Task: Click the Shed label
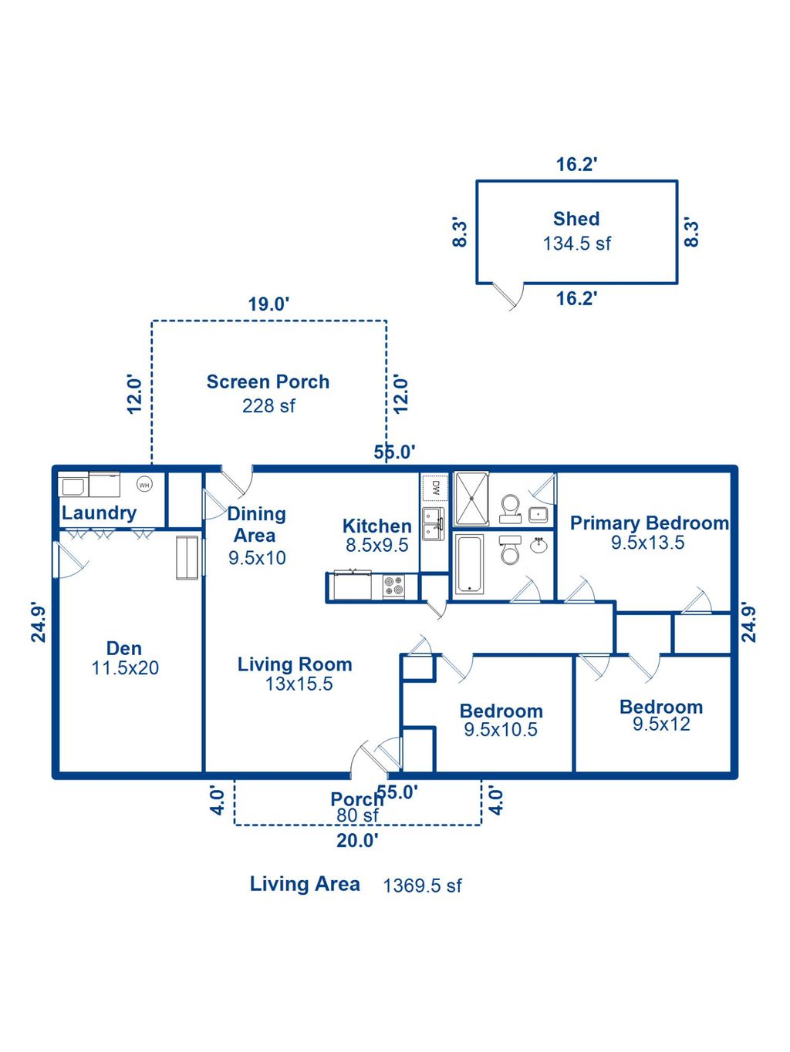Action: (576, 219)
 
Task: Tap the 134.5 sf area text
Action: (576, 244)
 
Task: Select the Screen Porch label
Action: (268, 381)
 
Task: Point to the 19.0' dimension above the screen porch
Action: (268, 304)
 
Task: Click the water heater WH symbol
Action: (144, 485)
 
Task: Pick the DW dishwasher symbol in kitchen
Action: (435, 487)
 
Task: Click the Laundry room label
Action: (99, 513)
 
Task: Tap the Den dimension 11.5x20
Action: (125, 668)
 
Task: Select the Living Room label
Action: (295, 664)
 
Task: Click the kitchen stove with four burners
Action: (393, 586)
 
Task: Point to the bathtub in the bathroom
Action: (469, 564)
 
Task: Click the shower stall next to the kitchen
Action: (471, 499)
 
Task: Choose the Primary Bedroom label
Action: (649, 523)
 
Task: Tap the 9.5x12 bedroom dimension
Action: (661, 724)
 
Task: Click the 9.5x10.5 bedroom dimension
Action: (501, 730)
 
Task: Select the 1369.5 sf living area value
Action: (422, 886)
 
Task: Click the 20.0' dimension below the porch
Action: (357, 841)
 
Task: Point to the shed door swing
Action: (511, 295)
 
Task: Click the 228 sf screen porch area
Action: (268, 406)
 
